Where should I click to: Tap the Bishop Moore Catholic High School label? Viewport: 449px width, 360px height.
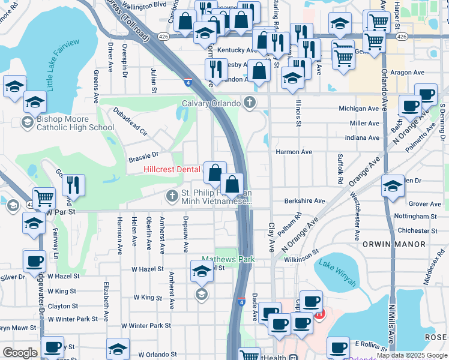[x=75, y=123]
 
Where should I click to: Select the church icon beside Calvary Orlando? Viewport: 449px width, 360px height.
[x=250, y=103]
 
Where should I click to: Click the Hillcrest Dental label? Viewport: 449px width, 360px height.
[x=172, y=170]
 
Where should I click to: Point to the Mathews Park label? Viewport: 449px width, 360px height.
[x=228, y=259]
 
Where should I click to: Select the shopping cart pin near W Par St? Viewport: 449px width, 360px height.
[x=44, y=198]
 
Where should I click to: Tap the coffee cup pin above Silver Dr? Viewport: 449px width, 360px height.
[x=34, y=262]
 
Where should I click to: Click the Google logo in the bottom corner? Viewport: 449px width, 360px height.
[x=20, y=353]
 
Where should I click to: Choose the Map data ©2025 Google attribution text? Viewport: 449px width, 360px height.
[x=412, y=355]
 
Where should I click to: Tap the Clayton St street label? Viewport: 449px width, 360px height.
[x=63, y=306]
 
